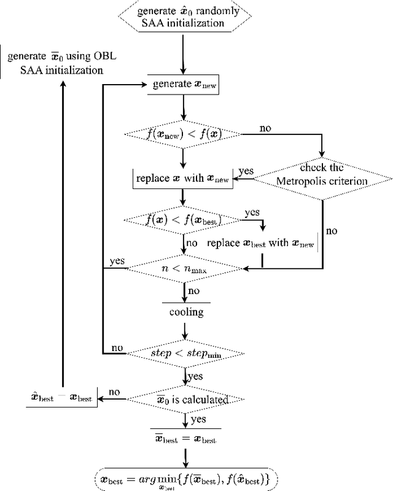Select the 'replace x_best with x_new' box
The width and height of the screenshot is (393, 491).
261,244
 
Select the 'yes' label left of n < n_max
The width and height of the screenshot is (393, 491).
116,260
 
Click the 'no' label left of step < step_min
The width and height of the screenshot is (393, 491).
116,347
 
